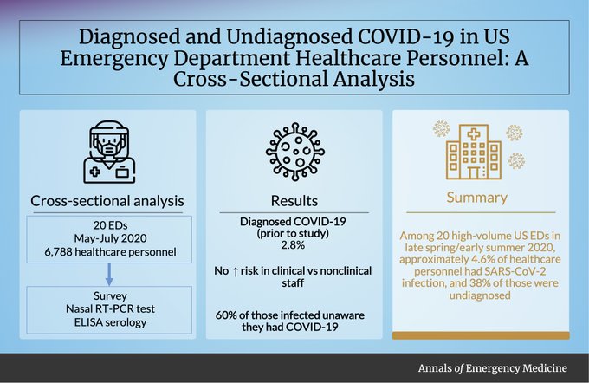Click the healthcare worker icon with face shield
click(x=109, y=152)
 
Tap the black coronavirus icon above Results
click(x=294, y=152)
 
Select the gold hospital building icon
click(x=473, y=152)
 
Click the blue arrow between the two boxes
click(x=109, y=275)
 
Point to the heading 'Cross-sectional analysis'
click(x=107, y=201)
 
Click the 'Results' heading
click(x=294, y=201)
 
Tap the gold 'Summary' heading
click(x=477, y=198)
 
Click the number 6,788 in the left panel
click(x=58, y=252)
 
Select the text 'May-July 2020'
click(x=111, y=238)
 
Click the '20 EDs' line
click(x=111, y=225)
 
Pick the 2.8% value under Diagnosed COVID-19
click(x=293, y=245)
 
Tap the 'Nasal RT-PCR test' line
click(x=111, y=308)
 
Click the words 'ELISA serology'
click(x=111, y=322)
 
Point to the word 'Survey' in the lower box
click(x=111, y=295)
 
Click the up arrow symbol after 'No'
click(x=236, y=271)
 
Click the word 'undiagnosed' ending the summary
click(x=480, y=295)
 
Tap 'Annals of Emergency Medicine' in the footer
click(x=493, y=368)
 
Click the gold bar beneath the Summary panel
click(x=481, y=335)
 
